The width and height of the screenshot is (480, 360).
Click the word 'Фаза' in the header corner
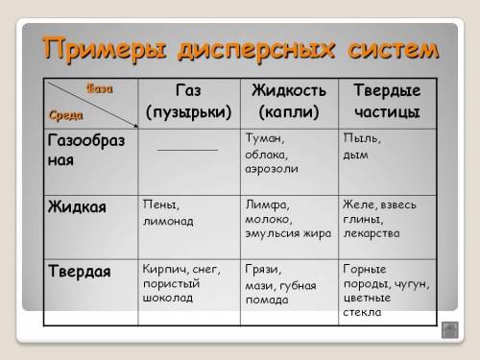click(100, 88)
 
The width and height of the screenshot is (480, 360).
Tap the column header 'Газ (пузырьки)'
click(189, 101)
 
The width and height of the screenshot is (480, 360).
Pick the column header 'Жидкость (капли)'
click(289, 101)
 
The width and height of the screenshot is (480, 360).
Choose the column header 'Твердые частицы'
click(386, 101)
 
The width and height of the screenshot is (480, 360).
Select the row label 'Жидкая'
click(77, 206)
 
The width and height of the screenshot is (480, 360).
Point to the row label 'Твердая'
click(80, 271)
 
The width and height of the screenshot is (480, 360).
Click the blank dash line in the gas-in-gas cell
click(188, 149)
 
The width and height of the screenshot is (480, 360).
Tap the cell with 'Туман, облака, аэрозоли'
click(272, 153)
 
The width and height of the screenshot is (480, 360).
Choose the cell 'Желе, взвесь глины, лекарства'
click(384, 218)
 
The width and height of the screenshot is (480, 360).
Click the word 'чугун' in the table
click(413, 284)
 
